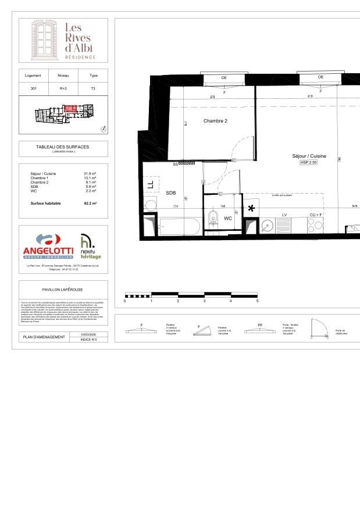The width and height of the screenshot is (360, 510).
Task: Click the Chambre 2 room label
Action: (x=215, y=121)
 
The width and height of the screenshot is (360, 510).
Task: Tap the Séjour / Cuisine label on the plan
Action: (x=309, y=156)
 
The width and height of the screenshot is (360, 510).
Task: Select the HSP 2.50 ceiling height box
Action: (x=309, y=163)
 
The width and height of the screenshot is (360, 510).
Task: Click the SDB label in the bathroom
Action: (x=170, y=192)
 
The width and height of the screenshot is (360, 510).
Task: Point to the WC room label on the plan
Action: (x=229, y=219)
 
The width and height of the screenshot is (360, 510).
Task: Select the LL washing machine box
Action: (x=150, y=184)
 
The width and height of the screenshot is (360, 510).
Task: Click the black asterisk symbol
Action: (x=251, y=208)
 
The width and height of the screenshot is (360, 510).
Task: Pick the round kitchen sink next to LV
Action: (x=268, y=224)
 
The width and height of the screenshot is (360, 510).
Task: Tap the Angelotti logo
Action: (x=48, y=245)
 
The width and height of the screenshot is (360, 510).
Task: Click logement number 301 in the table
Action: (x=33, y=88)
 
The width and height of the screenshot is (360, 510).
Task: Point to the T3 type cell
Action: (x=93, y=88)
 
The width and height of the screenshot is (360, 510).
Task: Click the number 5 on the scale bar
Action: (x=257, y=301)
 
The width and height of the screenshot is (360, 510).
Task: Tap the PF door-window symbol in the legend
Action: (x=260, y=330)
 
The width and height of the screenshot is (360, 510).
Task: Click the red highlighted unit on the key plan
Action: (x=70, y=108)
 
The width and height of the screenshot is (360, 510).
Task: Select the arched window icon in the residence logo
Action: (x=42, y=40)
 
